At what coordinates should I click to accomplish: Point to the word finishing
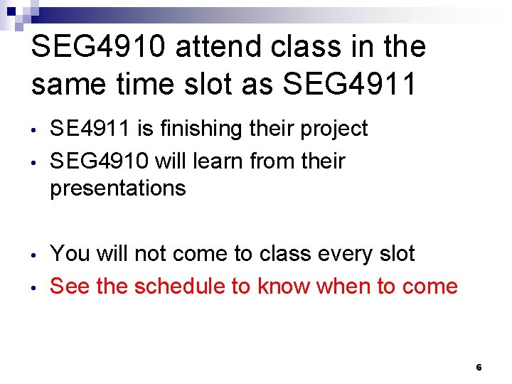click(198, 129)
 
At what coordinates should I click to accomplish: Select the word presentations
click(118, 188)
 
